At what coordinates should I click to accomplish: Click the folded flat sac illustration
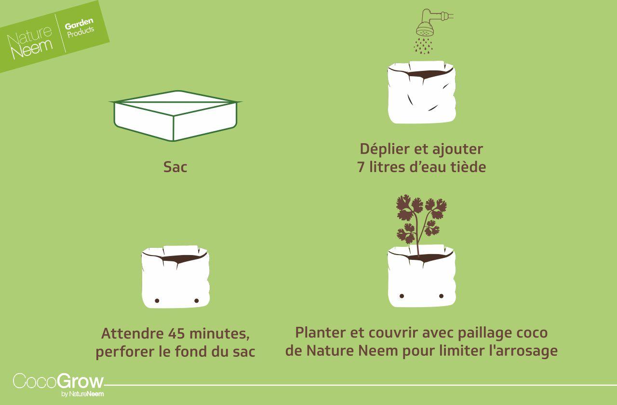(x=175, y=116)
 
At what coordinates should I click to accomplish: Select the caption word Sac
(x=175, y=167)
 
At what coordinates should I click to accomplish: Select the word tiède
(x=468, y=167)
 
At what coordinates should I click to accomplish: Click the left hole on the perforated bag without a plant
(x=157, y=301)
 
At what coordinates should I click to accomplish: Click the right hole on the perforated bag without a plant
(x=196, y=301)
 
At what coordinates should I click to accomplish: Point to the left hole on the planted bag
(x=402, y=296)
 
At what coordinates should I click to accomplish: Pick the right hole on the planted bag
(x=441, y=296)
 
